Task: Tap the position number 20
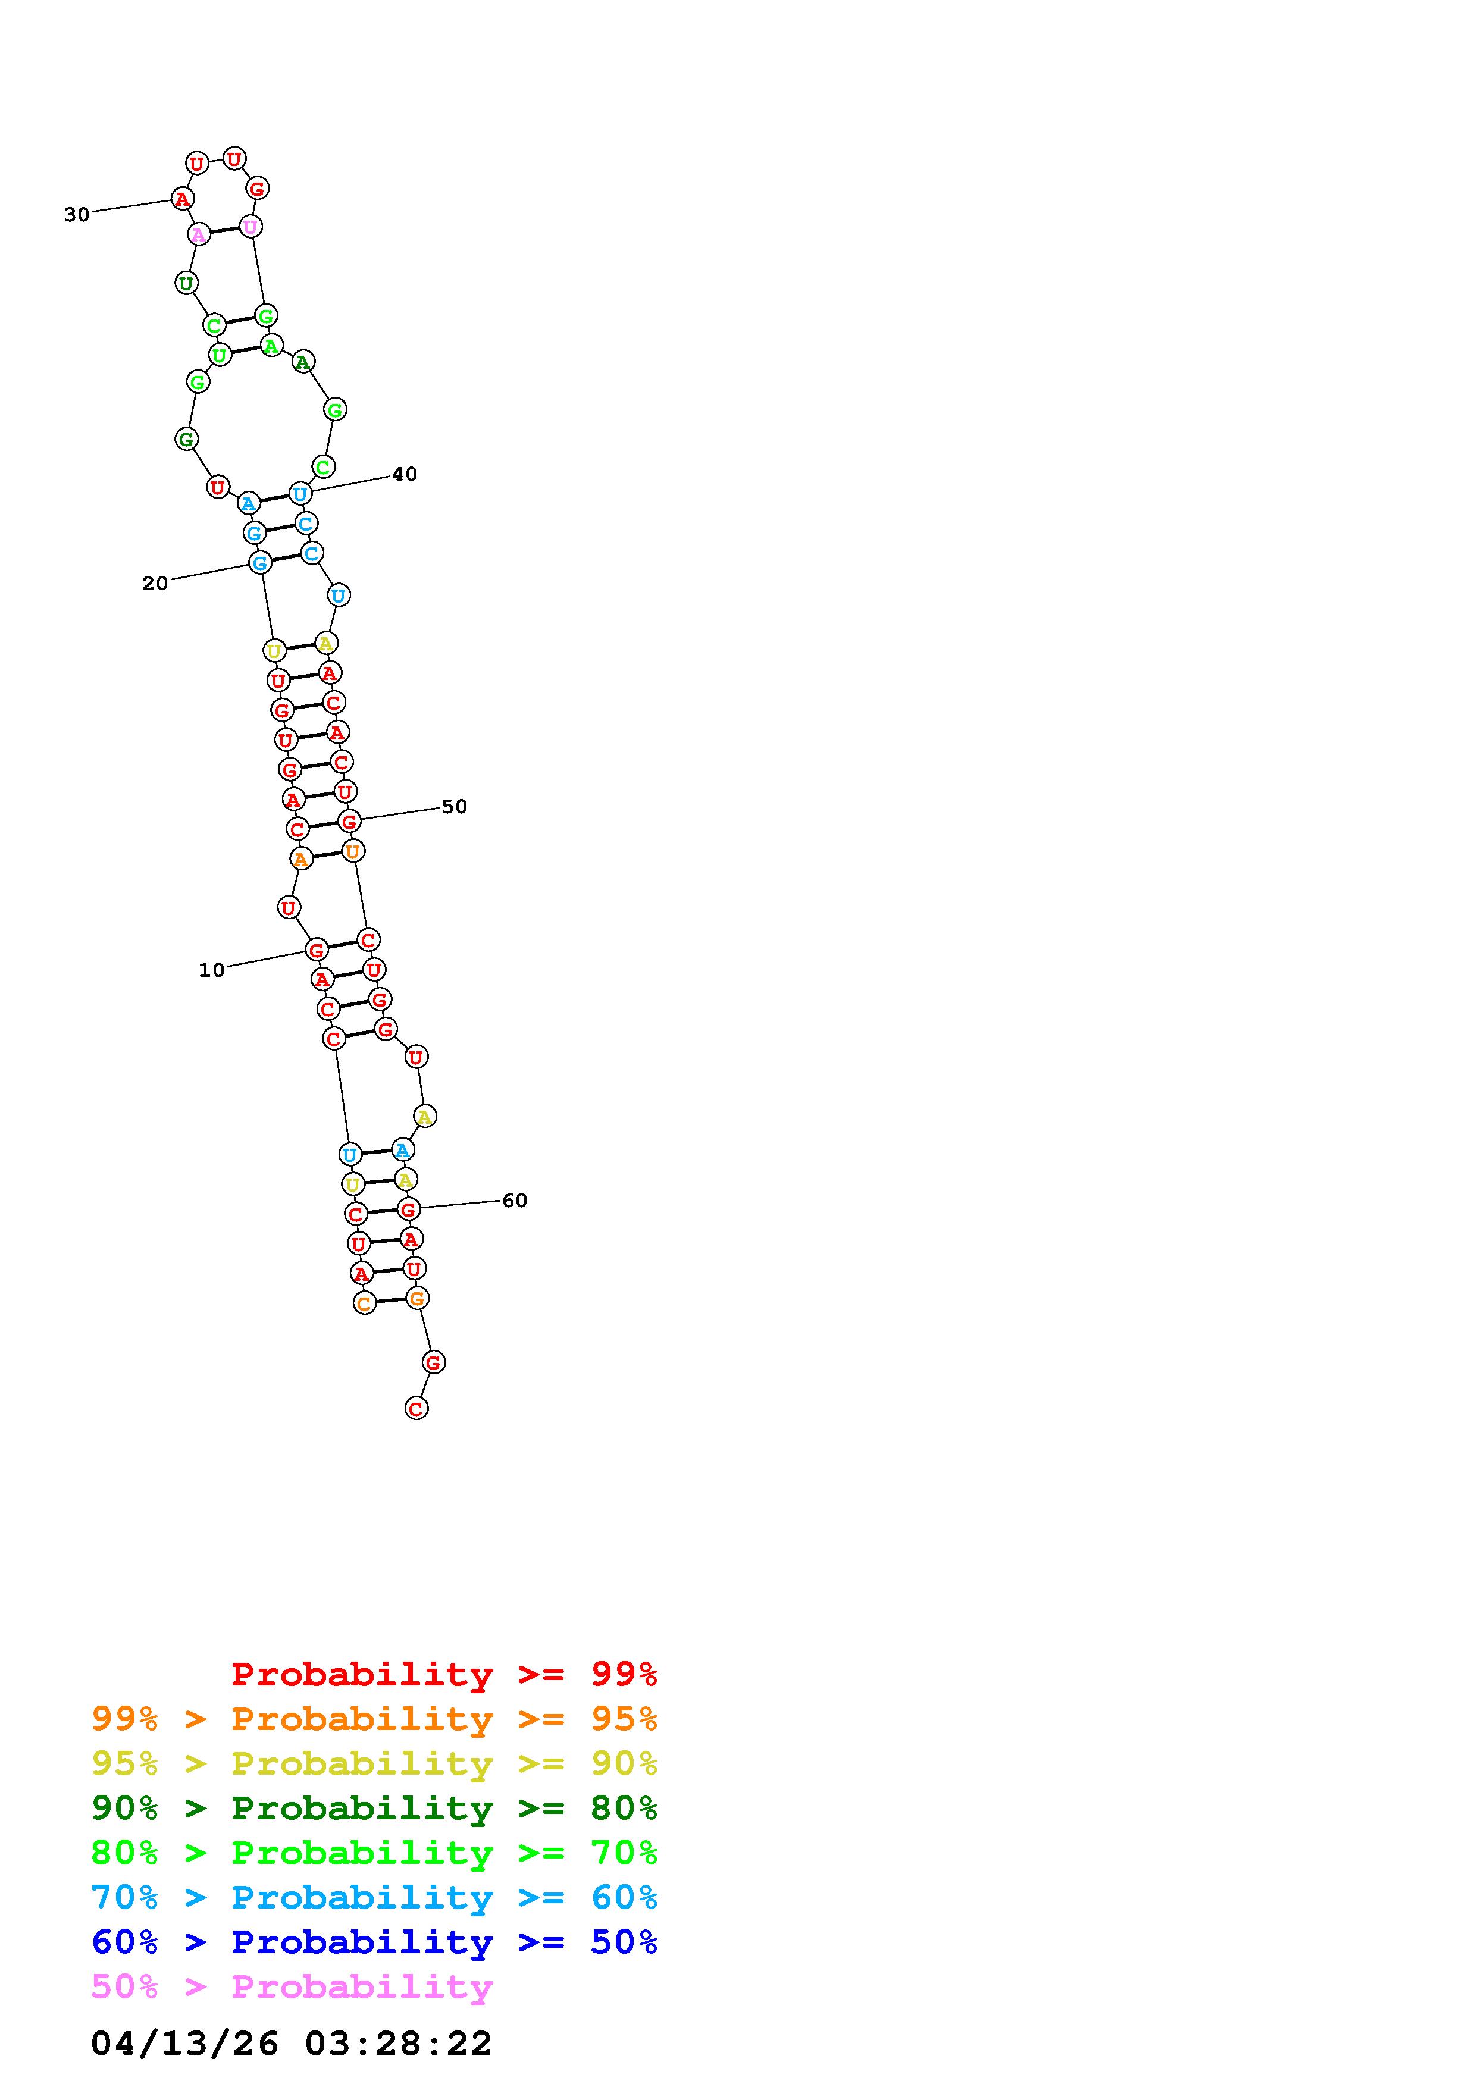(x=155, y=584)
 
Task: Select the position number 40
(x=405, y=475)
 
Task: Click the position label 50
(x=455, y=807)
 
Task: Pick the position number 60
(x=515, y=1201)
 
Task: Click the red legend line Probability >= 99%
(x=444, y=1674)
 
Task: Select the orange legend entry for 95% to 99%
(x=374, y=1718)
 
